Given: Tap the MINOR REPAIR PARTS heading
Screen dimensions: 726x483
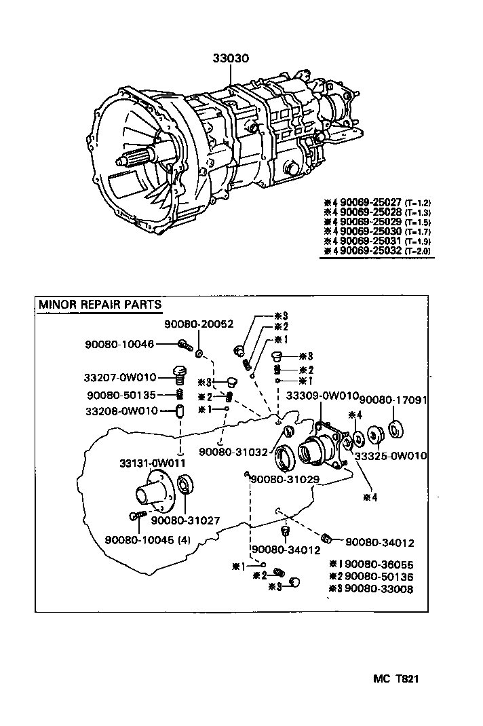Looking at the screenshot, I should (100, 304).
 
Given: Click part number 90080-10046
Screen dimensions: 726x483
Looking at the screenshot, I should (119, 345).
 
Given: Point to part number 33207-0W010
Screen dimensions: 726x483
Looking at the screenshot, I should (121, 377).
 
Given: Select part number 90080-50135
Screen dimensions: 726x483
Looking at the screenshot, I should (121, 395).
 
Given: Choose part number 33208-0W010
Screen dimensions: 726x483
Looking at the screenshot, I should (121, 411).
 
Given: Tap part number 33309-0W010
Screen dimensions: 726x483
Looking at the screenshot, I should (322, 396).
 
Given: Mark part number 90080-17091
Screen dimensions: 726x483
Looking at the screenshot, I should (393, 400).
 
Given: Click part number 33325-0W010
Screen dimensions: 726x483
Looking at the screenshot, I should (391, 456).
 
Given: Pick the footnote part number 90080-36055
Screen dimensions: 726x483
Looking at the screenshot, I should (379, 564).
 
